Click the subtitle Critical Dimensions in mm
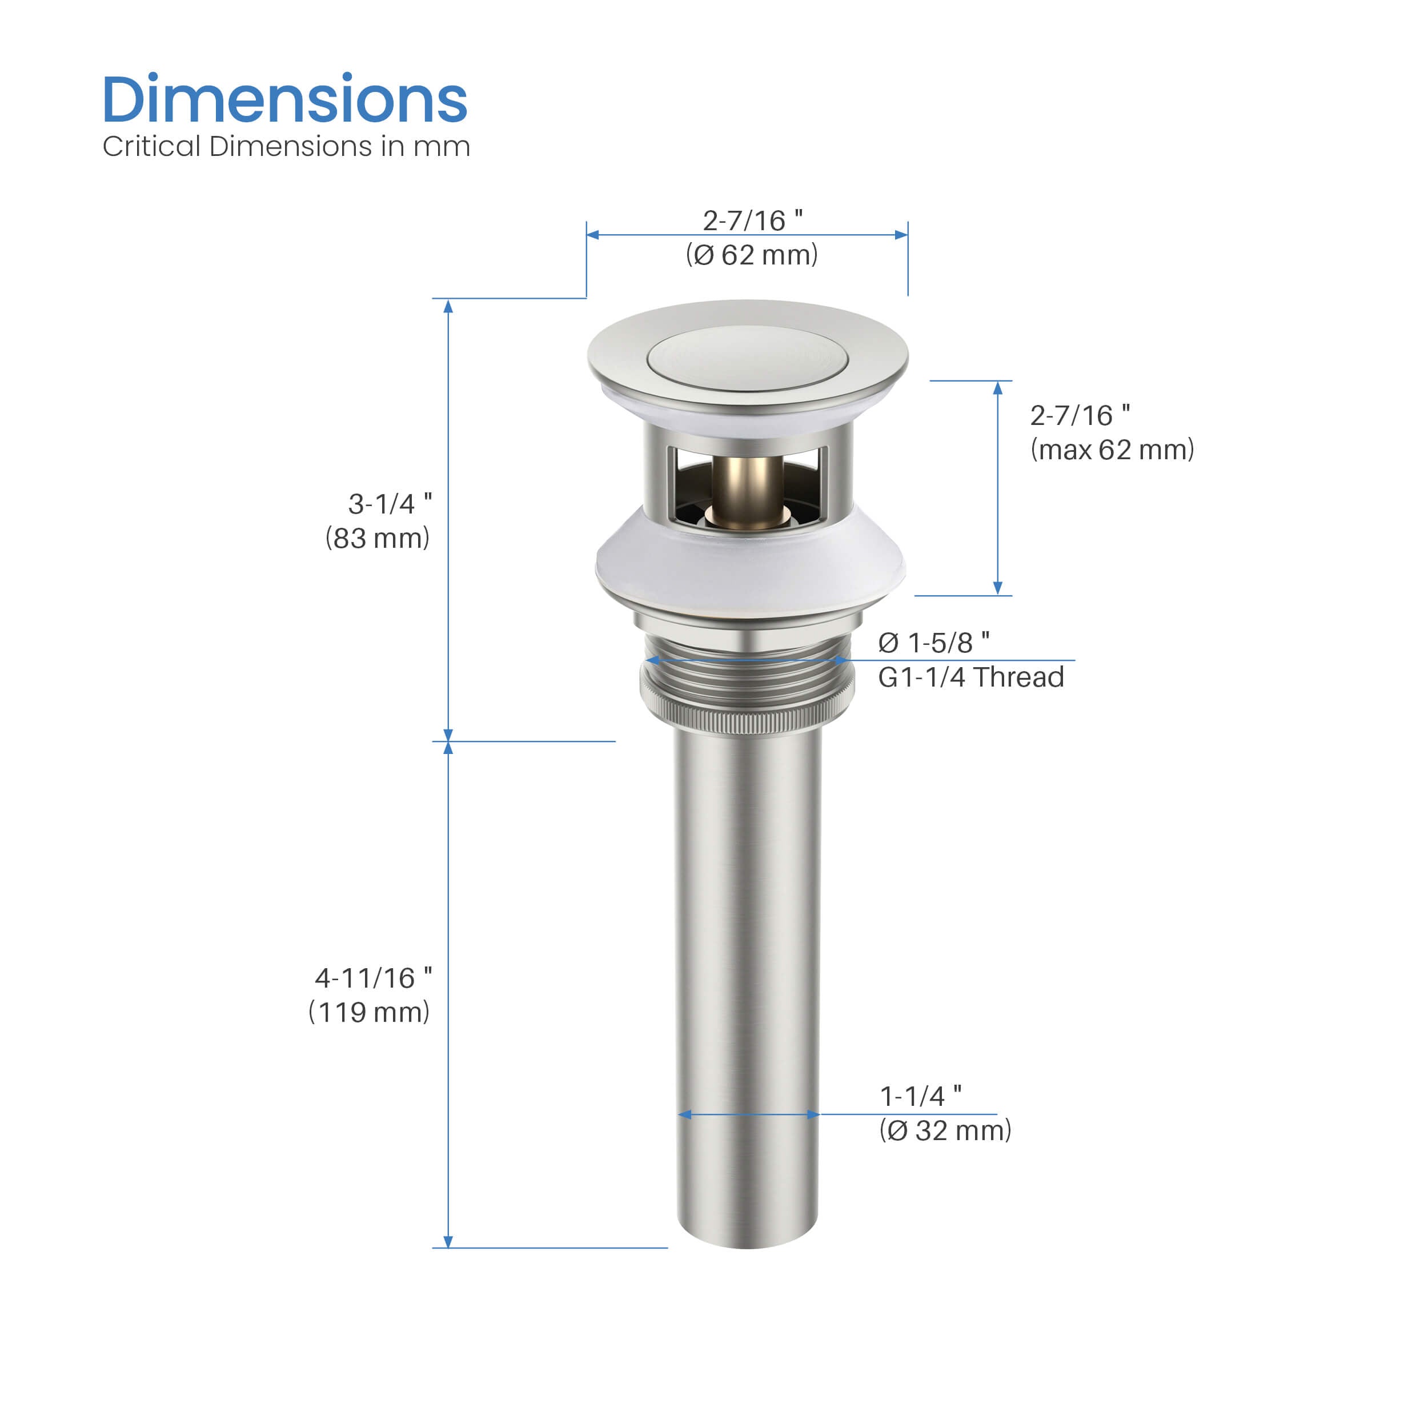click(286, 146)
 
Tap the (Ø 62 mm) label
click(752, 255)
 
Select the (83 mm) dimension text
click(377, 538)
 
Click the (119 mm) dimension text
click(369, 1012)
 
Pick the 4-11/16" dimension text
click(373, 978)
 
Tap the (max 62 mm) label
click(1112, 450)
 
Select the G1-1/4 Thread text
click(971, 677)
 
